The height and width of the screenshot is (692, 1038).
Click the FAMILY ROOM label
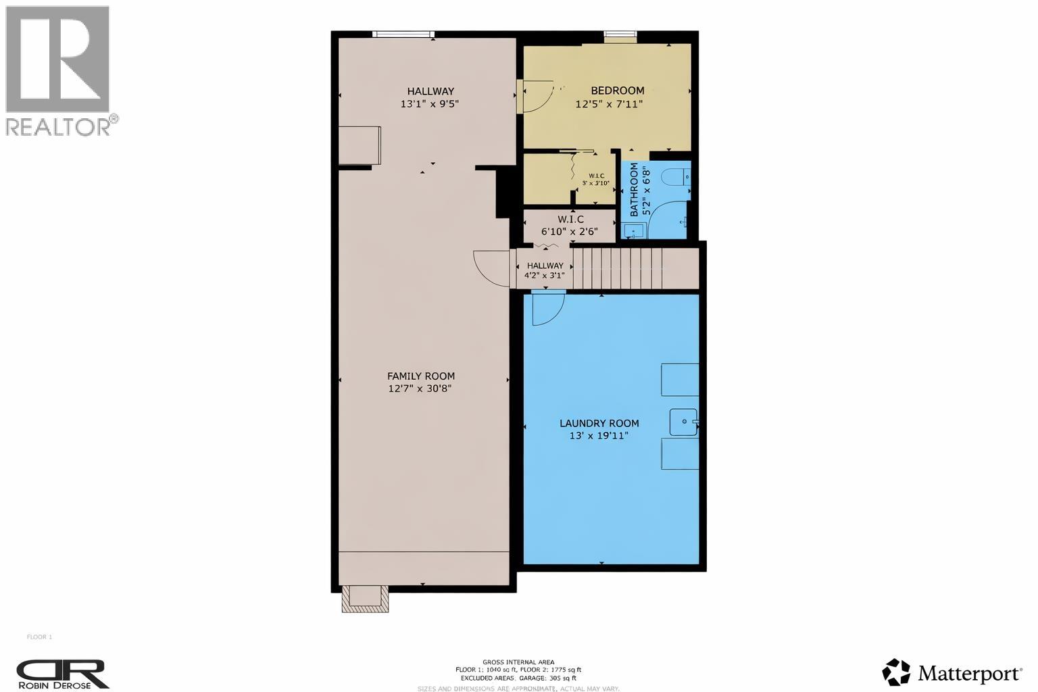pyautogui.click(x=420, y=376)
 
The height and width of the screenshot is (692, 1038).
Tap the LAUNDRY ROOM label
pyautogui.click(x=599, y=424)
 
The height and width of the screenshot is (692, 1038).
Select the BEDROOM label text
pyautogui.click(x=617, y=91)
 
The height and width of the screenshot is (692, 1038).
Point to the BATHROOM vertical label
pyautogui.click(x=635, y=189)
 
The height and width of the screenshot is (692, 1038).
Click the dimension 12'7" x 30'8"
pyautogui.click(x=420, y=389)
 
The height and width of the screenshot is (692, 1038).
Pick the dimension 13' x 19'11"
pyautogui.click(x=599, y=436)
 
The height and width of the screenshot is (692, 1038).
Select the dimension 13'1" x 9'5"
pyautogui.click(x=430, y=104)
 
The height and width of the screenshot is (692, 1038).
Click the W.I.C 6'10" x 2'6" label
pyautogui.click(x=570, y=225)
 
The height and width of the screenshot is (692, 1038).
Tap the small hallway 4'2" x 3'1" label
pyautogui.click(x=545, y=270)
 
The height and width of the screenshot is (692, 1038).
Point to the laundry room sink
pyautogui.click(x=684, y=422)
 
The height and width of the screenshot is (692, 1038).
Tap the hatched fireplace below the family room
pyautogui.click(x=365, y=598)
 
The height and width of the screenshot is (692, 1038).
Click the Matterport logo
pyautogui.click(x=951, y=672)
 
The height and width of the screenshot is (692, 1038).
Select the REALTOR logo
pyautogui.click(x=59, y=70)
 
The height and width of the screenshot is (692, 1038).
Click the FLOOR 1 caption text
pyautogui.click(x=39, y=637)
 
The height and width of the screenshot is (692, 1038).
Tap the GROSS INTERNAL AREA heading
pyautogui.click(x=518, y=662)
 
